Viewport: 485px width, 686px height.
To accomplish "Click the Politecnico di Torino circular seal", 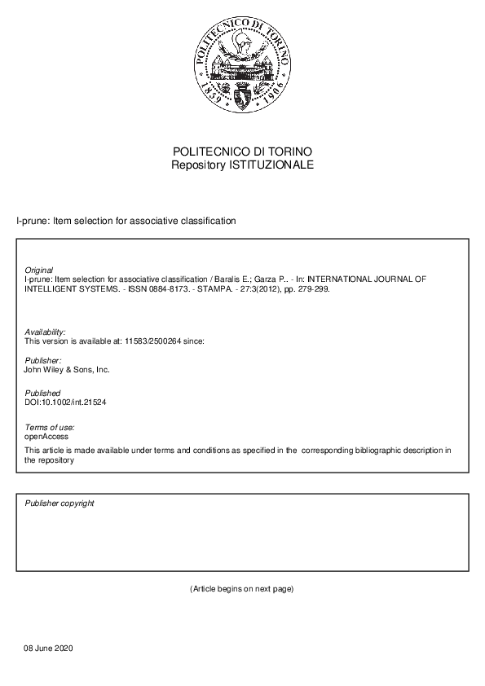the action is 242,68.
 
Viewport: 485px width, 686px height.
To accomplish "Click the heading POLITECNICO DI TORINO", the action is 242,152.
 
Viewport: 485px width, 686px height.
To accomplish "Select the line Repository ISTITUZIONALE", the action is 242,165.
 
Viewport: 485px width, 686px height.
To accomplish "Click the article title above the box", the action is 126,221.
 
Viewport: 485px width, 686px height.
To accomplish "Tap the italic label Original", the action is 39,270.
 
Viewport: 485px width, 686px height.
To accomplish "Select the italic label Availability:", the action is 46,332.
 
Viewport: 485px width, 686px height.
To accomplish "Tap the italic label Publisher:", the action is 43,360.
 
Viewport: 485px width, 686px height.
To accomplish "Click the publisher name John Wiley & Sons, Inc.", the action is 67,369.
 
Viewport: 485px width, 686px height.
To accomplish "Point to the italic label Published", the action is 42,394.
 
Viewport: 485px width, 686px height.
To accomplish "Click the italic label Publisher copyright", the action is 60,503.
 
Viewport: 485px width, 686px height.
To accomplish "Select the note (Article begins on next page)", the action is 241,588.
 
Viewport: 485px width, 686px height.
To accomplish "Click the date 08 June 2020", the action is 50,649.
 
